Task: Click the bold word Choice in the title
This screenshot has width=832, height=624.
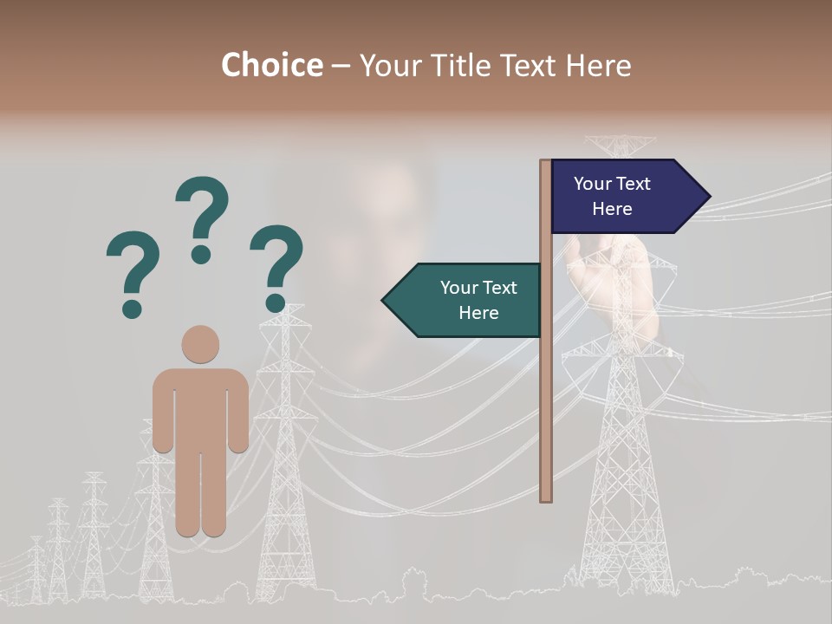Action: (271, 65)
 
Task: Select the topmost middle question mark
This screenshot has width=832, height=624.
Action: (202, 212)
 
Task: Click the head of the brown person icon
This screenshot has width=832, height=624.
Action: (200, 344)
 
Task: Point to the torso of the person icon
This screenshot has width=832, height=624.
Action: (200, 407)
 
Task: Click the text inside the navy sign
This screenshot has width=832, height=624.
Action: (612, 196)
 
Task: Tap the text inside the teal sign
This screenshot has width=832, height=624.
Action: (478, 300)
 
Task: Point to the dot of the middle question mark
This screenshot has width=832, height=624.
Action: (201, 254)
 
